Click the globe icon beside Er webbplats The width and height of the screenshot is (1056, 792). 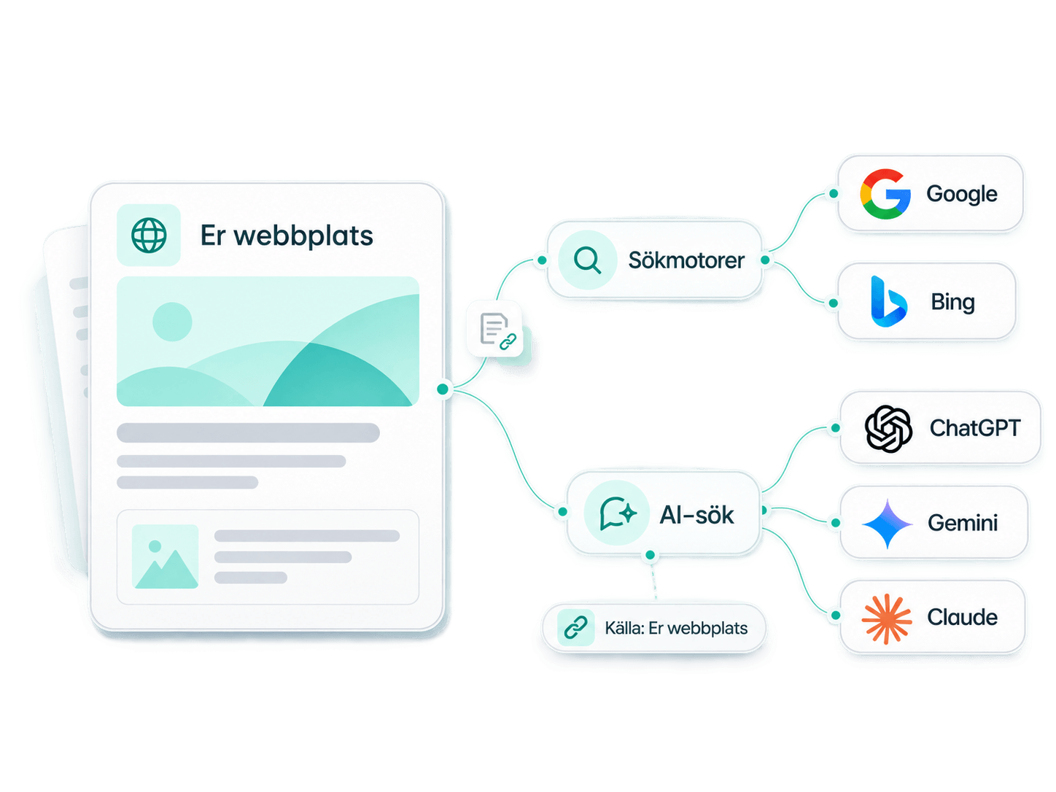149,235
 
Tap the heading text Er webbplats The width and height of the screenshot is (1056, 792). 287,236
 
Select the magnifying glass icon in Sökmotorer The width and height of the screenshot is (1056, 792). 587,260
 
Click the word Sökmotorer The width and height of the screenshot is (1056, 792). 686,260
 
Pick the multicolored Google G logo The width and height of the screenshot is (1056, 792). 885,194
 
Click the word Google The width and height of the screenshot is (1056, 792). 962,194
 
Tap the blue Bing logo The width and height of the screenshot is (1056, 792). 888,301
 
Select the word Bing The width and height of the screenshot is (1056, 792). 952,302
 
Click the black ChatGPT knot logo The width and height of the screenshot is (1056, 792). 888,429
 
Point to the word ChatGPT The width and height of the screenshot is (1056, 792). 975,428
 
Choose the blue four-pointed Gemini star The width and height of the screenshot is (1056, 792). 887,524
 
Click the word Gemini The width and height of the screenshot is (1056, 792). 963,523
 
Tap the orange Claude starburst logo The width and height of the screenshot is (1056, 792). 887,618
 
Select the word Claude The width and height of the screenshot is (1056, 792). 962,617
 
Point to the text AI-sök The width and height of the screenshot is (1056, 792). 696,515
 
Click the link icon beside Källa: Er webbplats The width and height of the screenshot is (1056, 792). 575,627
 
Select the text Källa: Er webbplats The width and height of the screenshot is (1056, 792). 676,628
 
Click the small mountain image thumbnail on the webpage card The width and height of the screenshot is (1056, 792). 165,556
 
